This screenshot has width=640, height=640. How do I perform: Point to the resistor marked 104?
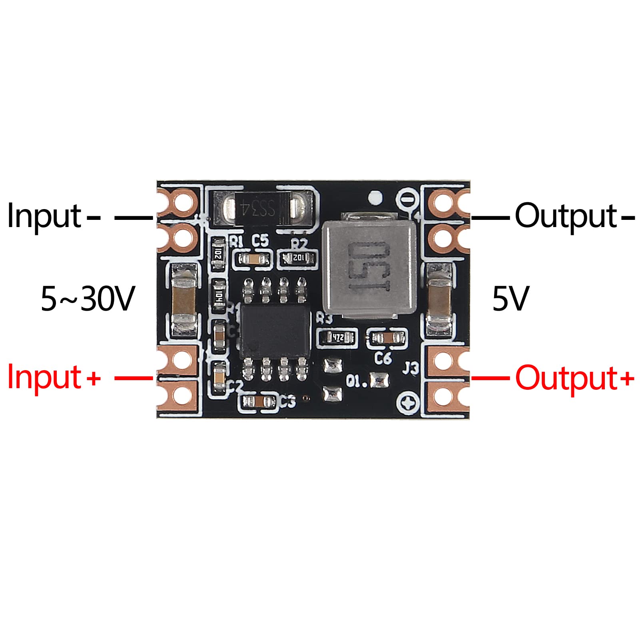[219, 296]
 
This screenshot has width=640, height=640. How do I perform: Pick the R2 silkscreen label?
[299, 243]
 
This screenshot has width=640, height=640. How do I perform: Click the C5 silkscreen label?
[260, 241]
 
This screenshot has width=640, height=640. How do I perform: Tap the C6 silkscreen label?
[383, 358]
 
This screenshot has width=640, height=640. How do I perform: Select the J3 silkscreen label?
[410, 368]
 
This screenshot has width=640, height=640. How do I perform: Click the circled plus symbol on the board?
[409, 404]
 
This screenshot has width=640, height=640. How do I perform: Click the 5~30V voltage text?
[88, 299]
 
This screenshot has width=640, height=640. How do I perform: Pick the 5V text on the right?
[510, 299]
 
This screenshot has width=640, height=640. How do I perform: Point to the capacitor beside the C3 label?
[259, 402]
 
